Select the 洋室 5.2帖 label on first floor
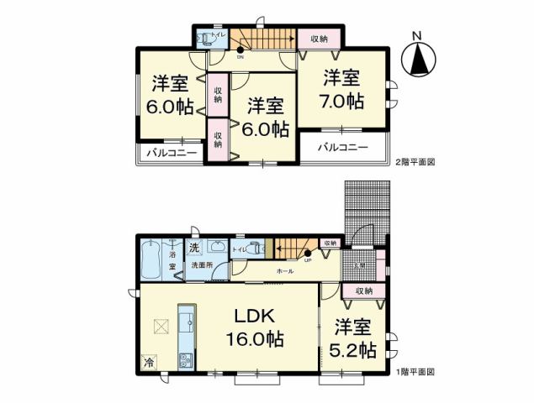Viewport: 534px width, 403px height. click(x=353, y=339)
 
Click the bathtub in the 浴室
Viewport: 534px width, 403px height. click(x=151, y=260)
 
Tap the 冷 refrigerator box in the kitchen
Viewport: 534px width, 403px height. click(x=148, y=363)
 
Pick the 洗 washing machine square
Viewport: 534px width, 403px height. click(x=193, y=248)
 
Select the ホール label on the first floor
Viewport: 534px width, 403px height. click(x=286, y=272)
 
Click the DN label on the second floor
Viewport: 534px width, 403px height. click(x=240, y=58)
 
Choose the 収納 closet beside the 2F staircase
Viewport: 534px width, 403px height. click(x=319, y=39)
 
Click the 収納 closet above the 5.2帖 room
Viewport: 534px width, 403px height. click(x=363, y=290)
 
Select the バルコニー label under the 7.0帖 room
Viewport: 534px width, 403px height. click(x=343, y=147)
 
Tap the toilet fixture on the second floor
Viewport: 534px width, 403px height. click(x=208, y=38)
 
